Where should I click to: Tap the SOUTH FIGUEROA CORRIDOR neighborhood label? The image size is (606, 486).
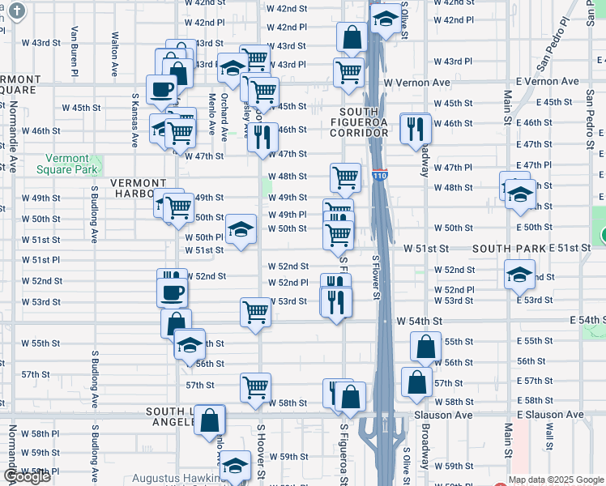tap(371, 124)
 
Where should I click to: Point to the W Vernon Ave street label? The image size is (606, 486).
tap(416, 83)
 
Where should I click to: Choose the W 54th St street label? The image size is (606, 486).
tap(419, 322)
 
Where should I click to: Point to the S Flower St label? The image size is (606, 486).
tap(376, 278)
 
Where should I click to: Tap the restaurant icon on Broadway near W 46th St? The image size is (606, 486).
tap(415, 126)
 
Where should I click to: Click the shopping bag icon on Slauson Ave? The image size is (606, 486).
tap(209, 420)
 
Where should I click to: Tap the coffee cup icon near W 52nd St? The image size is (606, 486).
tap(173, 292)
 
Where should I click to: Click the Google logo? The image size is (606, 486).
tap(28, 476)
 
